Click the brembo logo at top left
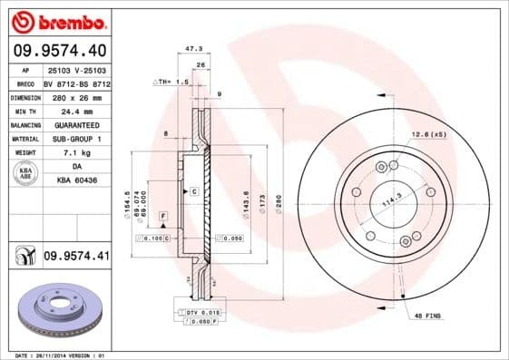point(56,20)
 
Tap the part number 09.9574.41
point(76,257)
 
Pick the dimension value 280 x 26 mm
point(76,97)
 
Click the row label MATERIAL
point(24,139)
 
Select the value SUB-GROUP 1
point(76,139)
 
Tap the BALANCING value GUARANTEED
point(76,124)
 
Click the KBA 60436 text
point(76,180)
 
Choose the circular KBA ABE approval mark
point(25,173)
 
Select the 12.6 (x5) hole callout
point(428,135)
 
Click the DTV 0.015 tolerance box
point(201,311)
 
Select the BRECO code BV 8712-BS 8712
point(76,83)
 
